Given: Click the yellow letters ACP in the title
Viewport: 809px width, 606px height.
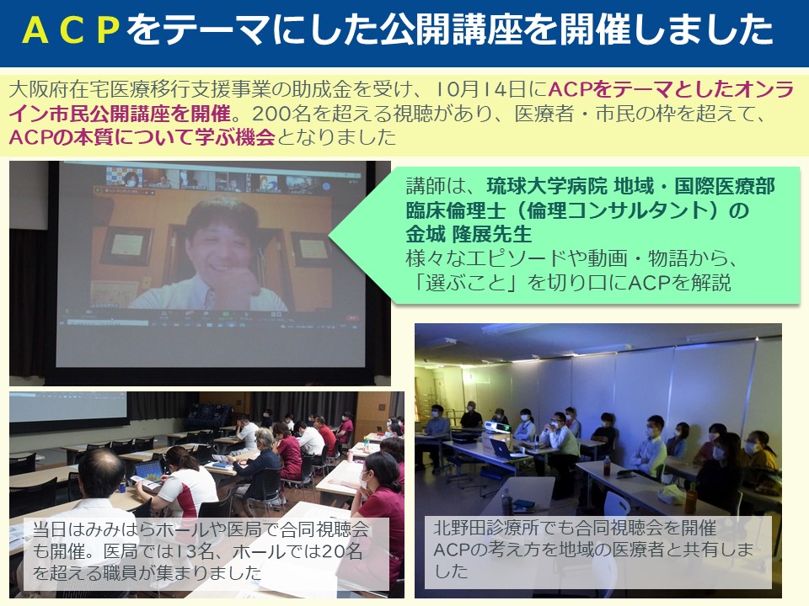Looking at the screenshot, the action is click(x=72, y=30).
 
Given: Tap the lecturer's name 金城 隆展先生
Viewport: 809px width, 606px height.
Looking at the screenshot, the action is click(x=469, y=235).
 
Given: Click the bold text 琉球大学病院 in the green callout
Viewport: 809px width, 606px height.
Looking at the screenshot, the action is click(x=547, y=186).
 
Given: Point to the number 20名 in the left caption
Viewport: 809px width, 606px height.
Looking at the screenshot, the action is click(x=341, y=551).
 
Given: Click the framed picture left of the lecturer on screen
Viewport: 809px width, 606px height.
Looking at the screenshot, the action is click(x=126, y=245).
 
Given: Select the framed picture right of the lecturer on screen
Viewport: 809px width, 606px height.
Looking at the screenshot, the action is click(x=311, y=250).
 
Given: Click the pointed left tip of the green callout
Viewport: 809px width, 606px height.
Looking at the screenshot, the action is click(x=329, y=237).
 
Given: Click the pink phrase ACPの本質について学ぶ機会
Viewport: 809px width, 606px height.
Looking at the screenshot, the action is click(x=142, y=137).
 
